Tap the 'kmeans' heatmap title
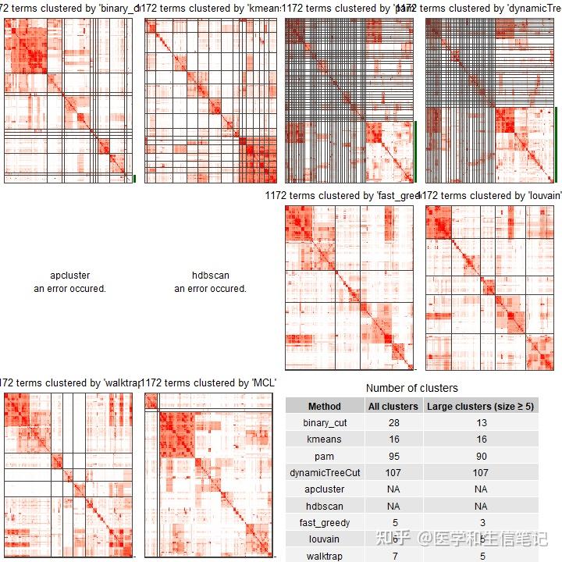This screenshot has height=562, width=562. (x=211, y=9)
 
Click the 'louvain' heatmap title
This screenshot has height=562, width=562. (x=492, y=196)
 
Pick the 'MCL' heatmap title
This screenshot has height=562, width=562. (x=211, y=383)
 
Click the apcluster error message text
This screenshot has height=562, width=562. (x=69, y=282)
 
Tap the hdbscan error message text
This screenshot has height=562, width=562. (x=210, y=282)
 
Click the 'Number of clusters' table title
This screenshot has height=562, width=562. (x=412, y=388)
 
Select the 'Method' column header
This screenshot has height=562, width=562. (x=325, y=406)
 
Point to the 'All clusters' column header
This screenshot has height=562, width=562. (x=393, y=406)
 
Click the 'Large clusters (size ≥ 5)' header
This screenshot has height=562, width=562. (x=481, y=406)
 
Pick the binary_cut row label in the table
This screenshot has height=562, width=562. (x=325, y=423)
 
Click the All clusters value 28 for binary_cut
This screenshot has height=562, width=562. (x=393, y=423)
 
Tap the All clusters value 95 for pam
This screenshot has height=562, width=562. (x=393, y=456)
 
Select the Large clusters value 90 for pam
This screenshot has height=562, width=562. (x=481, y=456)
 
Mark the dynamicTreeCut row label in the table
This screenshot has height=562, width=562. (x=325, y=473)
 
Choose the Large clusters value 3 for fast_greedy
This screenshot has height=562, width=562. (x=481, y=522)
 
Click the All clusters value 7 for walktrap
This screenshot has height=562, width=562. (x=393, y=556)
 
